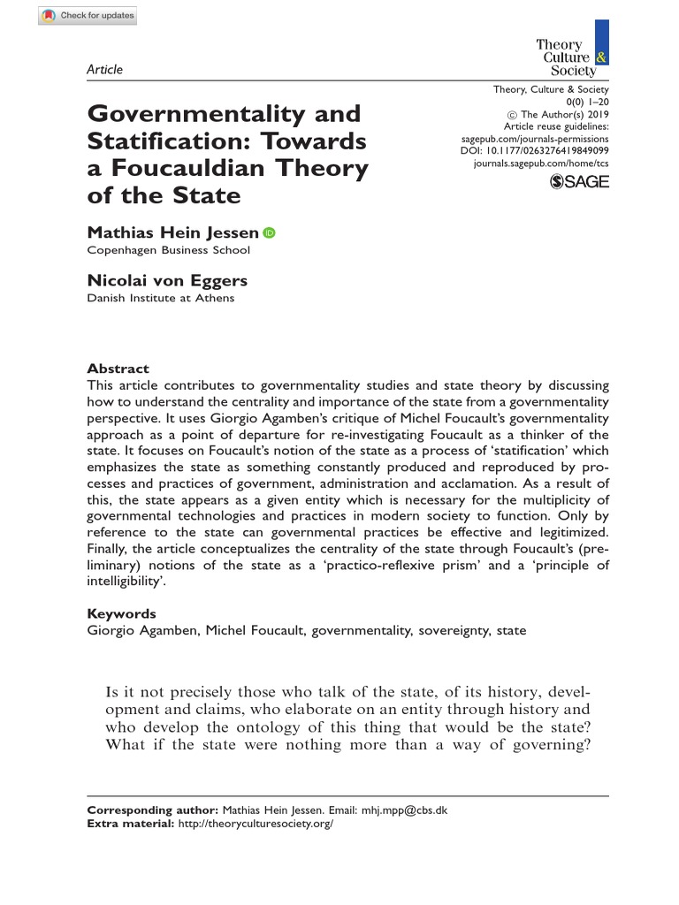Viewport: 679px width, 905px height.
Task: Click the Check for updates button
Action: (x=88, y=17)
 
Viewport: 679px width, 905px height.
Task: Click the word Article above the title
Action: (x=104, y=70)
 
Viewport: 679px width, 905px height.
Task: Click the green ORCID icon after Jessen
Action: (x=270, y=233)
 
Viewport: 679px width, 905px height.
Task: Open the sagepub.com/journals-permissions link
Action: (x=536, y=140)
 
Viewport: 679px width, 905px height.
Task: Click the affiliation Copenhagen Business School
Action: (x=168, y=250)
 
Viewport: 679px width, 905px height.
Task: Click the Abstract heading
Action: (x=118, y=369)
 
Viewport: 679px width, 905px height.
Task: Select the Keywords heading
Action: (x=122, y=613)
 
